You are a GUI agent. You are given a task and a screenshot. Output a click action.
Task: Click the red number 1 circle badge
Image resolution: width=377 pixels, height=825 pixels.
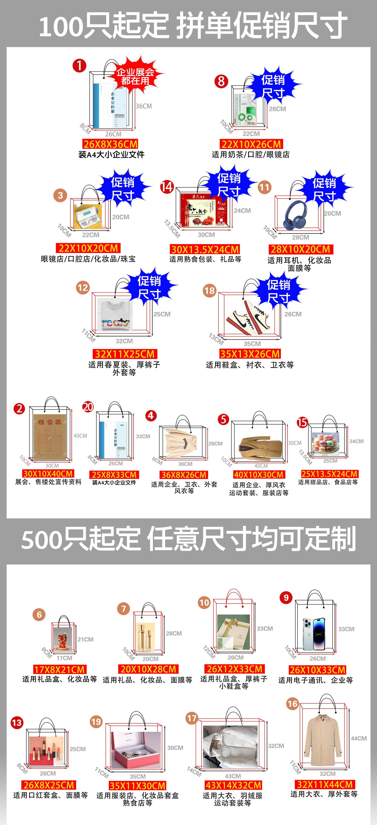tap(79, 66)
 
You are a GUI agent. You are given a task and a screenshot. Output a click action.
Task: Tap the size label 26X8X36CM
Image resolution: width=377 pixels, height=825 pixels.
tap(111, 144)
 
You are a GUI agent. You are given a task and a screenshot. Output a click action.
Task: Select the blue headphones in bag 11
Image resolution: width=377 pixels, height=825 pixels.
tap(295, 215)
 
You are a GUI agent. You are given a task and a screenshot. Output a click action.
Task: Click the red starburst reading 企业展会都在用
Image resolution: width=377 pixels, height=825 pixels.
tap(135, 76)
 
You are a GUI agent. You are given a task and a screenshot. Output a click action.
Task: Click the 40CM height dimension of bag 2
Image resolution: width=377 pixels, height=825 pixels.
tap(80, 436)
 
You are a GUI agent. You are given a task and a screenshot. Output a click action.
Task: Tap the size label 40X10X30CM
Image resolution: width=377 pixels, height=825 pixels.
tap(259, 475)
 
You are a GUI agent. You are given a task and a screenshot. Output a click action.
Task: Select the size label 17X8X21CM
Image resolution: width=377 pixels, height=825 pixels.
tap(59, 669)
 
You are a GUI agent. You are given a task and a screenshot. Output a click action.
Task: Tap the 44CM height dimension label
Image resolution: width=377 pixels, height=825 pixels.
tap(358, 738)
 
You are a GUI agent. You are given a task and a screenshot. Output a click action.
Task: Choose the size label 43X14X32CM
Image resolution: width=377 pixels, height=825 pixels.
tap(233, 785)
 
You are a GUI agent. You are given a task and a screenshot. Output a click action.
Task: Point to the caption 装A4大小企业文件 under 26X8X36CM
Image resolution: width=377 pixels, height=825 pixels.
tap(111, 155)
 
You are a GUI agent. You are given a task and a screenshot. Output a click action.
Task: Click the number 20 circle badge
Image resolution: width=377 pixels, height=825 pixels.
tap(88, 407)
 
